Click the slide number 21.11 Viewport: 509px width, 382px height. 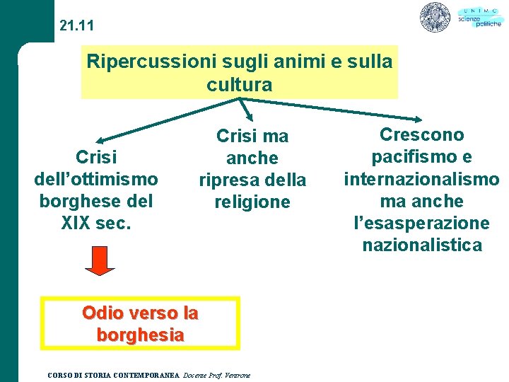(x=76, y=26)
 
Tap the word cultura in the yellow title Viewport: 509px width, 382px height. (x=239, y=85)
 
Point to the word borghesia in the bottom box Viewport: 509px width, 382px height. (x=140, y=335)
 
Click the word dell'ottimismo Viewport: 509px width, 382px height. (x=96, y=178)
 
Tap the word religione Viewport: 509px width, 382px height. (x=252, y=202)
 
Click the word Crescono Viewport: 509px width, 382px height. (x=422, y=134)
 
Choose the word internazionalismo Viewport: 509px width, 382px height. (x=421, y=179)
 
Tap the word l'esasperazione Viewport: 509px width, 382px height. (x=421, y=223)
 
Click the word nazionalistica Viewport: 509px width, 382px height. (x=422, y=245)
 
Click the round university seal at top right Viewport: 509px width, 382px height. (x=435, y=17)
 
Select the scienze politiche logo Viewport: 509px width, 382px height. (x=479, y=17)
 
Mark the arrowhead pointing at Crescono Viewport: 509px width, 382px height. (x=418, y=120)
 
